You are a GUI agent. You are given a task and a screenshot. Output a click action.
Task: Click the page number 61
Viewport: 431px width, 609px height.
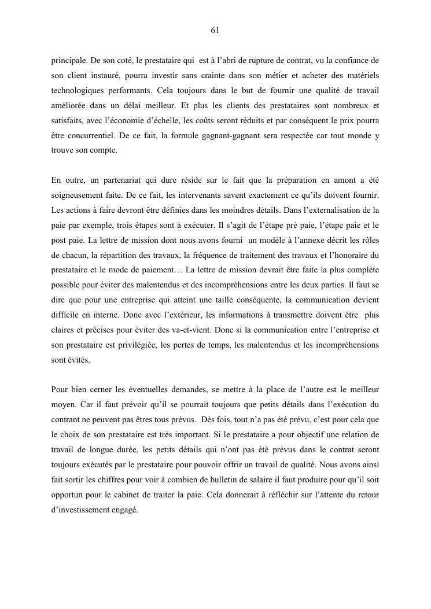[215, 30]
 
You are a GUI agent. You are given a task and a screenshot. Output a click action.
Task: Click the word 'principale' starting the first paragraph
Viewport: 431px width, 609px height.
[69, 60]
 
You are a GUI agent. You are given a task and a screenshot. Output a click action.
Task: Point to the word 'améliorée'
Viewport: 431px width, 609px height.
[69, 106]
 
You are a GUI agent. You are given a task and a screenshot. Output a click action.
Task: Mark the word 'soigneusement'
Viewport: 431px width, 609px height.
[79, 197]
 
